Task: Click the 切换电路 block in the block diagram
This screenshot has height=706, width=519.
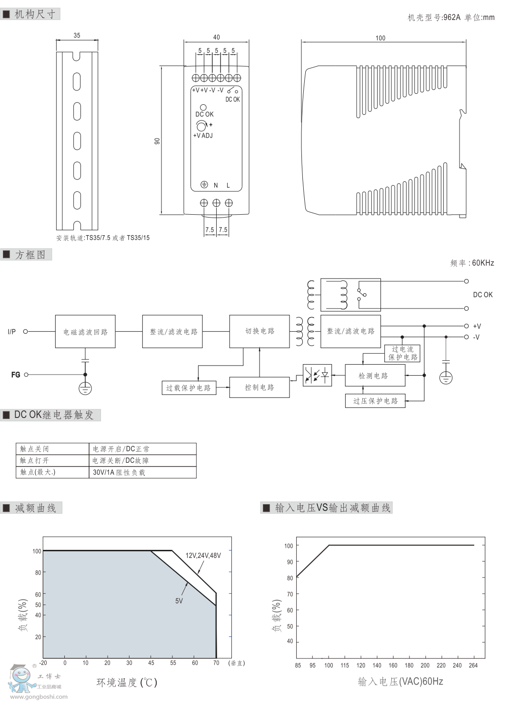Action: coord(259,331)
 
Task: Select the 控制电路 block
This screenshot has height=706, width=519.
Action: coord(259,388)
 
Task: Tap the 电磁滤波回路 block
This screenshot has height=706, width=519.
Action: coord(85,331)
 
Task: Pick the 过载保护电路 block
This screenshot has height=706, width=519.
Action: coord(189,388)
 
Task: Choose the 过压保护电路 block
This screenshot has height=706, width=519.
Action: coord(375,401)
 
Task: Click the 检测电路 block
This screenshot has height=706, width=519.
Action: coord(375,376)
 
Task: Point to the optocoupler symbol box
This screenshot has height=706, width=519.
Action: coord(317,376)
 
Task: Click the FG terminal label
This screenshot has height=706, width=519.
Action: coord(16,375)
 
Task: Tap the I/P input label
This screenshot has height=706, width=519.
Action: coord(11,331)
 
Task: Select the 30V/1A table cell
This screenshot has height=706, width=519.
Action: coord(119,473)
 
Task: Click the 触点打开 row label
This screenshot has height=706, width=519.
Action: coord(34,461)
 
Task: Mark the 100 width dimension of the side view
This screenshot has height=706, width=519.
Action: coord(380,38)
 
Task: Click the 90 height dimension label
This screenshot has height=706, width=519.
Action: coord(157,141)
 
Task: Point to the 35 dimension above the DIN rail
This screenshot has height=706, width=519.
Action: coord(77,35)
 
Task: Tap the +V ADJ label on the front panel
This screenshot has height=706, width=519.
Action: coord(203,136)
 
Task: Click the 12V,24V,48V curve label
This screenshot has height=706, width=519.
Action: coord(203,555)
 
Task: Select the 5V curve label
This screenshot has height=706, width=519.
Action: coord(179,601)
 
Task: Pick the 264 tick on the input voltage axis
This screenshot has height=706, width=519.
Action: coord(473,665)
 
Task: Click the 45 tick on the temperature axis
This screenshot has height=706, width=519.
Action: coord(151,663)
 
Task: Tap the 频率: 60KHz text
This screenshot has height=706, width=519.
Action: coord(472,263)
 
